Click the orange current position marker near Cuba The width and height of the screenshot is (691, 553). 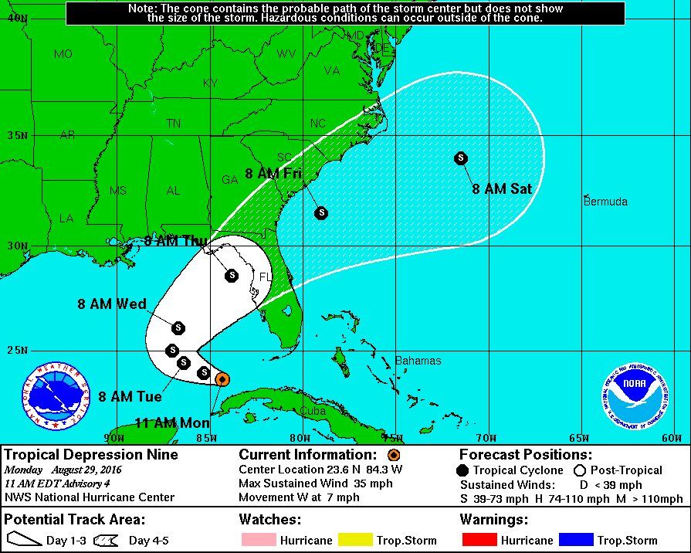(x=222, y=378)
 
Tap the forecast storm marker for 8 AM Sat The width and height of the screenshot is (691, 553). (x=461, y=158)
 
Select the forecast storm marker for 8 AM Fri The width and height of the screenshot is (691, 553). (x=320, y=212)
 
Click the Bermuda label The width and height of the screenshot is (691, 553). (x=605, y=202)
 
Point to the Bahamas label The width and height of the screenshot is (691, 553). (x=418, y=361)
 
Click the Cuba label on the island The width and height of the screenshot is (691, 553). (x=313, y=411)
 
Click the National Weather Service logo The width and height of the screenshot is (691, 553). (x=56, y=396)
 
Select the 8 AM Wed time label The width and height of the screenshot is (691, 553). (x=112, y=304)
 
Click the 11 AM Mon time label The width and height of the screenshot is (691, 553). (x=172, y=422)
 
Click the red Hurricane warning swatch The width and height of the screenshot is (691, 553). (x=488, y=540)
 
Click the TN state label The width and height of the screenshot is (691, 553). (x=174, y=124)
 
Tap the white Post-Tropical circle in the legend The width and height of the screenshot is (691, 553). (x=580, y=470)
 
